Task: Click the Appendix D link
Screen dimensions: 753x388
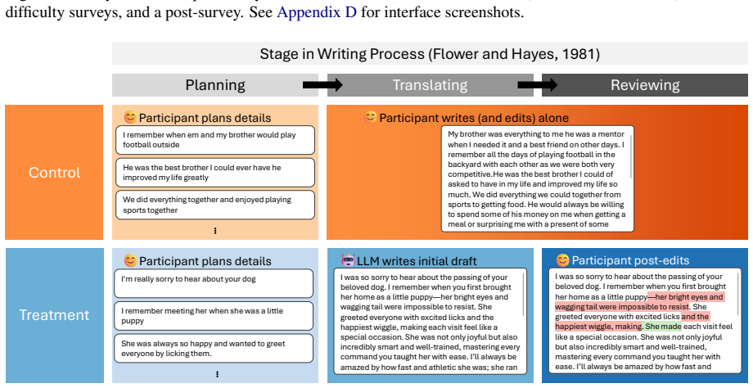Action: [317, 12]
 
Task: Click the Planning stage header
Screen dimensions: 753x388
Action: [215, 85]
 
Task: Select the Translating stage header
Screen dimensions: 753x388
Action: [430, 85]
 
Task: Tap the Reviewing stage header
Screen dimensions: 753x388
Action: [645, 85]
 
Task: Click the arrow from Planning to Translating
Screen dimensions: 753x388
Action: [322, 85]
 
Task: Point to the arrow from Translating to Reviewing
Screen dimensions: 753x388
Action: [538, 85]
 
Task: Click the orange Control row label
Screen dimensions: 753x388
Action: [54, 173]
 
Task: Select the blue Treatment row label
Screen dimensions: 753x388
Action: [54, 315]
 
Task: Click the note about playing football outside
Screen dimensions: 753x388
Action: [215, 140]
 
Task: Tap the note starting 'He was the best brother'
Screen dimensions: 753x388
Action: [215, 173]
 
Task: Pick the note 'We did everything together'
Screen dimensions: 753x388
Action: [215, 205]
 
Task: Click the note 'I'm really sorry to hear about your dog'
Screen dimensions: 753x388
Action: [214, 283]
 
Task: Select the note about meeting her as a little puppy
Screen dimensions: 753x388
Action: [214, 316]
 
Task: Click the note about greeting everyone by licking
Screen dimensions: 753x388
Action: [214, 349]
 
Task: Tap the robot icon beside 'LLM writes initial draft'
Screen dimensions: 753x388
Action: [348, 260]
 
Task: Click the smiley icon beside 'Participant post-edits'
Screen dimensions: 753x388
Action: [562, 260]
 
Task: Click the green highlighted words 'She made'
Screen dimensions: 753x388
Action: [663, 327]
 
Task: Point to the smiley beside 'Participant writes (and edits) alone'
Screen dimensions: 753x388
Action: [370, 117]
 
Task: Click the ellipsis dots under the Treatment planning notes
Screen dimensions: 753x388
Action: [217, 374]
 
